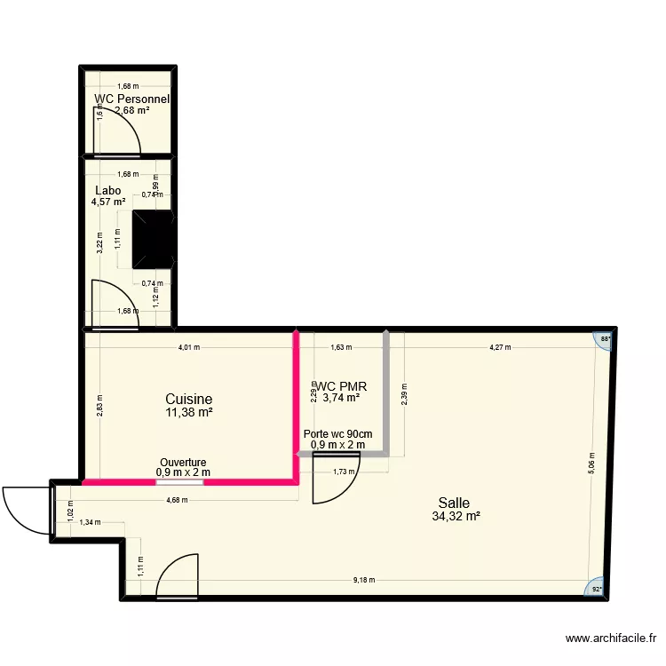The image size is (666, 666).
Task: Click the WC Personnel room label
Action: point(131,99)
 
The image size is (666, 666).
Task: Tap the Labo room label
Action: point(107,190)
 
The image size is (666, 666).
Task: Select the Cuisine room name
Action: point(188,400)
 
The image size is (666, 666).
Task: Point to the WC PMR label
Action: point(342,386)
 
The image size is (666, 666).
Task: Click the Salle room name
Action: point(454,503)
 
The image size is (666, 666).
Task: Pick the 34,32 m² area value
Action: point(455,516)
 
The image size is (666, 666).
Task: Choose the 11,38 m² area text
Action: point(188,412)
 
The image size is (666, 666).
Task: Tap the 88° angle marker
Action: point(606,339)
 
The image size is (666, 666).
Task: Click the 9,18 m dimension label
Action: point(363,580)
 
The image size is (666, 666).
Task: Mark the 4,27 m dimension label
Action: point(500,347)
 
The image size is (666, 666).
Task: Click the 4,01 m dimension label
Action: point(189,347)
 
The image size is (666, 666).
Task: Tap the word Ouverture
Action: point(183,463)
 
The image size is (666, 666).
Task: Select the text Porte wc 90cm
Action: point(337,434)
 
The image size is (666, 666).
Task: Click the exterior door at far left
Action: point(26,510)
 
